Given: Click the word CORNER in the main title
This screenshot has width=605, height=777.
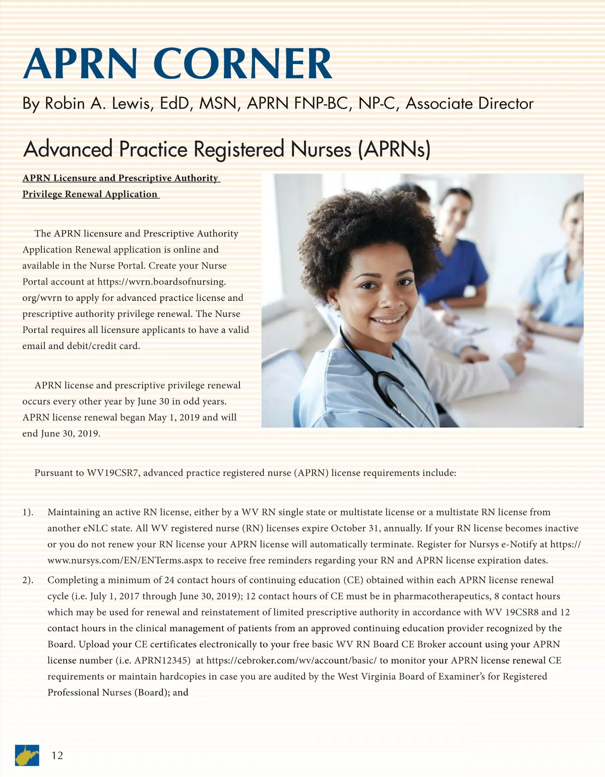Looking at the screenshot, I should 246,64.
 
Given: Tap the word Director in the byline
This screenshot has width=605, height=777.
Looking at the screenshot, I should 506,103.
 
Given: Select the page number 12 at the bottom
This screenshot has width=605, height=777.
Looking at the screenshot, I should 57,755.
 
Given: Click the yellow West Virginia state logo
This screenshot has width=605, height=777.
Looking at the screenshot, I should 27,755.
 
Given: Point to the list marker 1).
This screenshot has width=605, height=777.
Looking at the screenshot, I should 28,512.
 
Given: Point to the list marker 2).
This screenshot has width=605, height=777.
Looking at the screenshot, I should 28,580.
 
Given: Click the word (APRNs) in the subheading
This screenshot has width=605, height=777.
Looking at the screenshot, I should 394,149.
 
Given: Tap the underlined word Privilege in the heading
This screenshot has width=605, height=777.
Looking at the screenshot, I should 42,194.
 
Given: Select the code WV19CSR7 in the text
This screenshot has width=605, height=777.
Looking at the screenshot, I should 112,473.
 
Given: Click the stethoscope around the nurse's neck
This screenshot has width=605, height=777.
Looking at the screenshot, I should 383,373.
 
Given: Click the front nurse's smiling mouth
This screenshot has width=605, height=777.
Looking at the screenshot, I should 388,320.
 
